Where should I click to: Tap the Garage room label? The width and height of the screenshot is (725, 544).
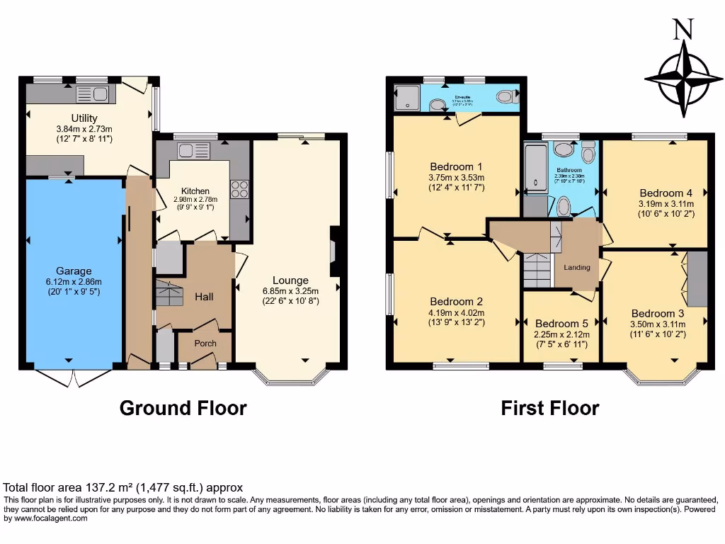click(74, 271)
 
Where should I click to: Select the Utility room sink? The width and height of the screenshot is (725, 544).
click(91, 94)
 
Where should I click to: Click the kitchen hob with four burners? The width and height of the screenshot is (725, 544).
click(239, 189)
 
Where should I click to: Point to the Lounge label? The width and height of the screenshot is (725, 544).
click(290, 280)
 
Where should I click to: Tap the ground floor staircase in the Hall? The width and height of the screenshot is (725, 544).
click(169, 293)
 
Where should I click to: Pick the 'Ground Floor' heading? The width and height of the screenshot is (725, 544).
click(183, 408)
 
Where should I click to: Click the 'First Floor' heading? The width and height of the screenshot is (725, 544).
click(549, 408)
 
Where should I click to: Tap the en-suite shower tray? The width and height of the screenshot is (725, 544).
click(407, 98)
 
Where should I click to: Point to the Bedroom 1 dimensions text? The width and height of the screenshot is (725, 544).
click(456, 183)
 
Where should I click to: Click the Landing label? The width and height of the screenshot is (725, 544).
click(577, 268)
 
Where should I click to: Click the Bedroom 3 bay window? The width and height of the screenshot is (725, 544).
click(662, 377)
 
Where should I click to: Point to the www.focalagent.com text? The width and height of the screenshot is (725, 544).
click(48, 518)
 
